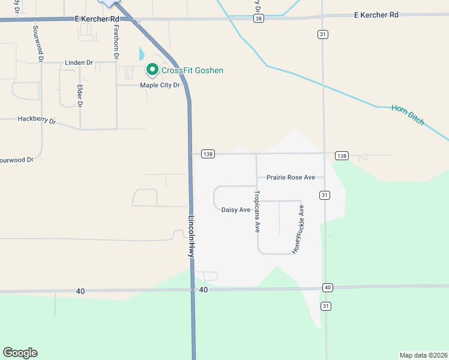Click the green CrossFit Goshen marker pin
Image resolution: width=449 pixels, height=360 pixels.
pyautogui.click(x=152, y=70)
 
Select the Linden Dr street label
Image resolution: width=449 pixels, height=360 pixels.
pyautogui.click(x=79, y=62)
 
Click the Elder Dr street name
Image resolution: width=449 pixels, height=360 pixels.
pyautogui.click(x=79, y=96)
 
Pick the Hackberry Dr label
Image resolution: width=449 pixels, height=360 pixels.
pyautogui.click(x=37, y=120)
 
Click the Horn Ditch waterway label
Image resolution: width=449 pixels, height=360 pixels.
pyautogui.click(x=408, y=115)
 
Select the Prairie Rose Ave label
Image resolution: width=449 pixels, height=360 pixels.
pyautogui.click(x=291, y=178)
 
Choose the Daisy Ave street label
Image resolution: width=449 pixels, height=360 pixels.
pyautogui.click(x=235, y=209)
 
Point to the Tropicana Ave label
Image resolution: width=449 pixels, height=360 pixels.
pyautogui.click(x=257, y=211)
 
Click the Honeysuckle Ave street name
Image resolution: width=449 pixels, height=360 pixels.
pyautogui.click(x=298, y=229)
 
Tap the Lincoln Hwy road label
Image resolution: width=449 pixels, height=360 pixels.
pyautogui.click(x=191, y=236)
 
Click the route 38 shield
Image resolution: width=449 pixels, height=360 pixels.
pyautogui.click(x=258, y=19)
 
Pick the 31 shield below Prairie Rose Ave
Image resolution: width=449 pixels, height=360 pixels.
pyautogui.click(x=324, y=195)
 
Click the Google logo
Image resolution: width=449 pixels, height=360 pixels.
pyautogui.click(x=20, y=353)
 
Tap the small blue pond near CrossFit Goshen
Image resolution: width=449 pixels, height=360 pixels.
pyautogui.click(x=142, y=54)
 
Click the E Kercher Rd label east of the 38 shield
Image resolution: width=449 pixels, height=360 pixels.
pyautogui.click(x=376, y=14)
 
